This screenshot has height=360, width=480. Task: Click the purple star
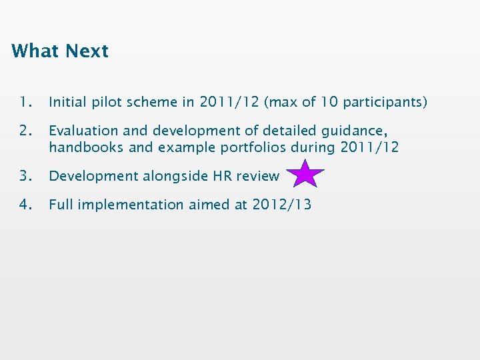[305, 174]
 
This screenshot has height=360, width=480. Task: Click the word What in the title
[35, 51]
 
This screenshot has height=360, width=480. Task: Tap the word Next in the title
[86, 51]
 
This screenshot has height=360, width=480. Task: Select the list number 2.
[25, 131]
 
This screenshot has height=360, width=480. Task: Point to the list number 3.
[25, 176]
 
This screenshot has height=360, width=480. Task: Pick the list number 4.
[25, 205]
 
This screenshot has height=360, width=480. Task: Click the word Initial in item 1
[69, 102]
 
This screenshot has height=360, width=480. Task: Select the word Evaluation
[83, 131]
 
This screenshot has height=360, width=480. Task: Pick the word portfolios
[251, 147]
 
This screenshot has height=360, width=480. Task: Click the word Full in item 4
[61, 205]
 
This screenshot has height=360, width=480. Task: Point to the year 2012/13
[281, 205]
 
